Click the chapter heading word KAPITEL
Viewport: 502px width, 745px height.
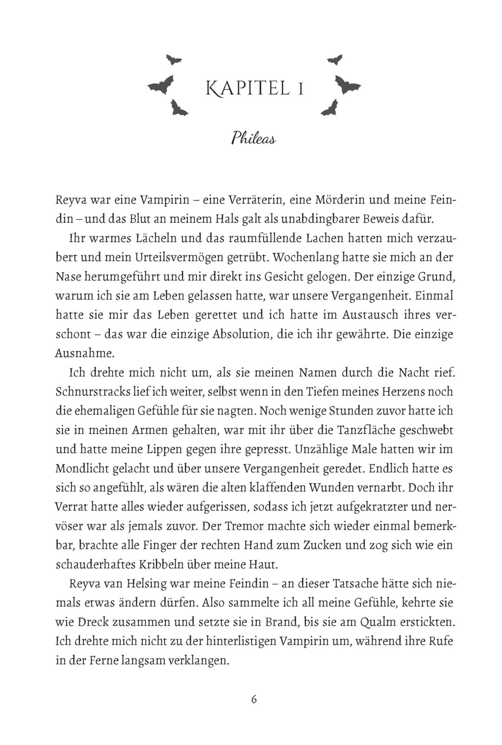click(245, 88)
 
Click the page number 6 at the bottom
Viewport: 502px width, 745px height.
click(254, 699)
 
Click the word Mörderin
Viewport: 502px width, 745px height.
click(346, 200)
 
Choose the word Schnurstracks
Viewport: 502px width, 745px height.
click(93, 392)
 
